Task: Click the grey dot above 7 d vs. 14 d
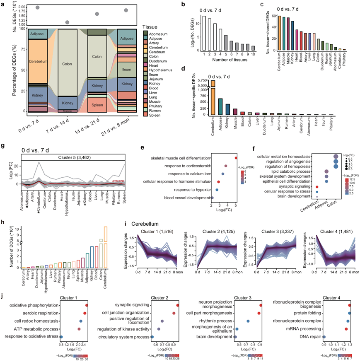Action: click(x=68, y=22)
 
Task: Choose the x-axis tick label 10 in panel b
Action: click(x=253, y=54)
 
